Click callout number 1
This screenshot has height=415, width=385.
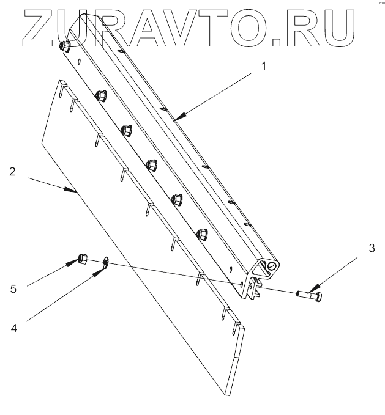click(x=264, y=66)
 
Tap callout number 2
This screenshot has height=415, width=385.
click(x=12, y=172)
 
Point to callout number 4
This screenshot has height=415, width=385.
click(x=13, y=327)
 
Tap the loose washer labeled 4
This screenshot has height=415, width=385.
click(x=106, y=263)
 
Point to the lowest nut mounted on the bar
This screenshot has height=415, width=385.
click(x=201, y=233)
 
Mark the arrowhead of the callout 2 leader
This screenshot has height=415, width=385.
click(x=76, y=192)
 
